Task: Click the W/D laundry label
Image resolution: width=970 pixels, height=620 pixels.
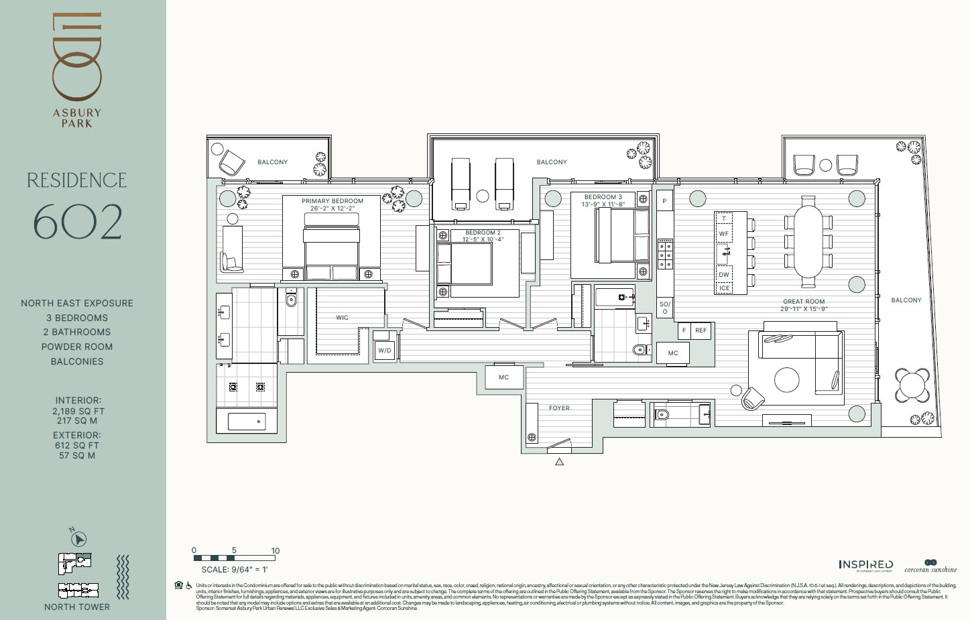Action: pos(384,351)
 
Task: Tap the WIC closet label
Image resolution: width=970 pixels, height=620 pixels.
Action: pos(342,318)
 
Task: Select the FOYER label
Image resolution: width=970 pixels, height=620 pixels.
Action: pos(559,408)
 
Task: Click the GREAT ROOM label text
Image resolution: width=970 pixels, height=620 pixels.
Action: pos(804,302)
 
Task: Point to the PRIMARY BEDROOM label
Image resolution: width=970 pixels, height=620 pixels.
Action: pos(332,201)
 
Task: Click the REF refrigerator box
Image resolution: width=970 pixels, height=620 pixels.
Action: pos(701,330)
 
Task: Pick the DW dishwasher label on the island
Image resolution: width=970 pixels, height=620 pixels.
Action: pos(724,275)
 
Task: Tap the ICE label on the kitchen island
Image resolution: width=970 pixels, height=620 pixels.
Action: pos(724,288)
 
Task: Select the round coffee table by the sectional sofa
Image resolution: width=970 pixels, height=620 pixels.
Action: pos(786,380)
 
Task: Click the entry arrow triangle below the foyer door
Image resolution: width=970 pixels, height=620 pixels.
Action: pos(559,462)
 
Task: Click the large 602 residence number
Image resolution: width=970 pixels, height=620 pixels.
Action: pos(78,222)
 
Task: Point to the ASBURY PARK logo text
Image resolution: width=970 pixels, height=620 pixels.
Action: pos(77,118)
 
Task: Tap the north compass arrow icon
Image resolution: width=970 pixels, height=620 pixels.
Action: pos(78,538)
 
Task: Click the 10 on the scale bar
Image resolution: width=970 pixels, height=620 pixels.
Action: pos(275,551)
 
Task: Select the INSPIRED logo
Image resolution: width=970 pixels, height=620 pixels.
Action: pos(865,565)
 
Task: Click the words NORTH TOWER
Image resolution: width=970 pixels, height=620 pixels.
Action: pos(77,607)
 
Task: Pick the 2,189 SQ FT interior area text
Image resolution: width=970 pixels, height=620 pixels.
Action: pos(78,411)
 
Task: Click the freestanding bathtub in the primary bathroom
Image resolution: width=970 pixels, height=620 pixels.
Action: pos(246,422)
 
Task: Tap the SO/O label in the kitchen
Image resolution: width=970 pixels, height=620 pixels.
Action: pos(664,308)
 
